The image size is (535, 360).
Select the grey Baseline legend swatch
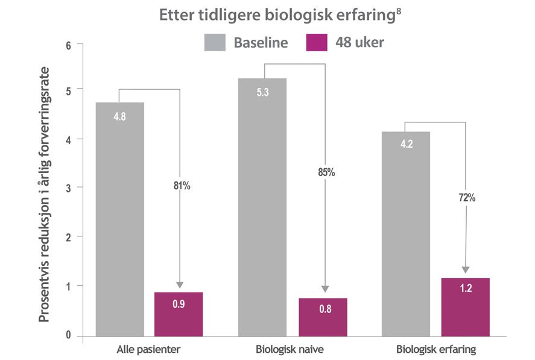point(214,42)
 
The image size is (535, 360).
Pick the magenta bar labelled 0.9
point(179,314)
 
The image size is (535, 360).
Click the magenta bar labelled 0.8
point(323,317)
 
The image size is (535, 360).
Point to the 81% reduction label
point(181,186)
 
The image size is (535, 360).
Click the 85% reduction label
point(326,172)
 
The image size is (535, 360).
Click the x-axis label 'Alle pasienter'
point(148,349)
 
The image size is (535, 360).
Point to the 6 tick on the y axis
point(68,45)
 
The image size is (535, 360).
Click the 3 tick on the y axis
point(68,188)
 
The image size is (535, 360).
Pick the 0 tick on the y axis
point(68,336)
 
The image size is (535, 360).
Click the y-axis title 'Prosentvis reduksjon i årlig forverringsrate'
point(45,190)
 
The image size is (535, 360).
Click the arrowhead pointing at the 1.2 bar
point(465,270)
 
